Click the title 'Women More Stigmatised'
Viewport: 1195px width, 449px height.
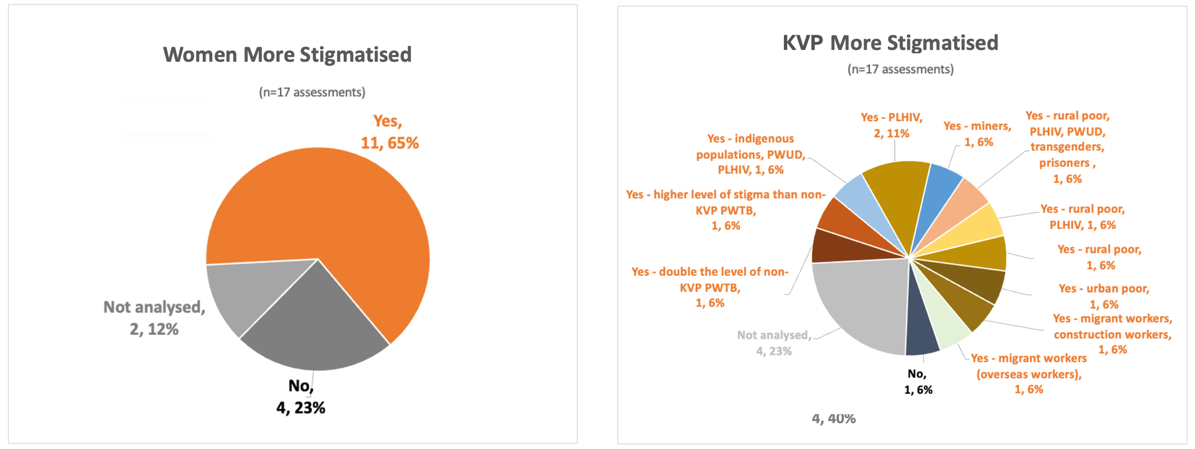pyautogui.click(x=287, y=55)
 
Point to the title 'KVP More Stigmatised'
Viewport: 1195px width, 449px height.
pyautogui.click(x=890, y=43)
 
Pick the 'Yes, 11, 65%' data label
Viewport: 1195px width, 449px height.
pyautogui.click(x=389, y=132)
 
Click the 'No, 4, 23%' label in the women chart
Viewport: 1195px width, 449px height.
pyautogui.click(x=301, y=397)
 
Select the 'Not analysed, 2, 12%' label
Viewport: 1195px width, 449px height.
pyautogui.click(x=154, y=318)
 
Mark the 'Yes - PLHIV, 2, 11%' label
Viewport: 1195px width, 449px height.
pyautogui.click(x=892, y=125)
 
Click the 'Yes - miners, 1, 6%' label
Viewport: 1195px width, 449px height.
pyautogui.click(x=977, y=134)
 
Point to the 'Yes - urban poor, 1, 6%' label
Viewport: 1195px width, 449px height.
pyautogui.click(x=1103, y=296)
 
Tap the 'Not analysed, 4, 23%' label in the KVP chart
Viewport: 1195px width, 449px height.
pyautogui.click(x=774, y=343)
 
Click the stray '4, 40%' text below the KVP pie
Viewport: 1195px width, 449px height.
pyautogui.click(x=833, y=419)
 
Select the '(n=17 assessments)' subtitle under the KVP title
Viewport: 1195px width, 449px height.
pyautogui.click(x=900, y=70)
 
